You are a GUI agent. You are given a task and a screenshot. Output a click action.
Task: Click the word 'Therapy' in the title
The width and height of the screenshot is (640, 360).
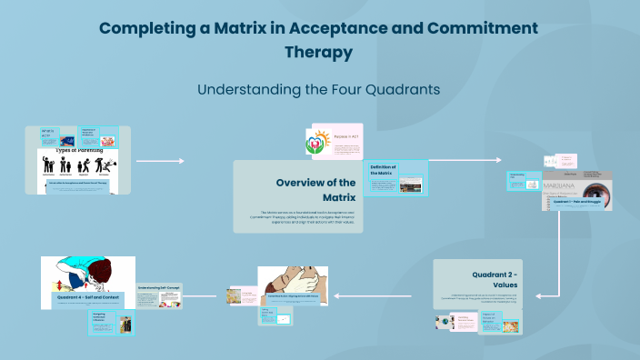(319, 53)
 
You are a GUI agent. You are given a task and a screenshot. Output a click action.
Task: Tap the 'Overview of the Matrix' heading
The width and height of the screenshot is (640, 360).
(315, 189)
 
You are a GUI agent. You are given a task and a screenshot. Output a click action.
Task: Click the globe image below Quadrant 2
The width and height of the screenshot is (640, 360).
(446, 322)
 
